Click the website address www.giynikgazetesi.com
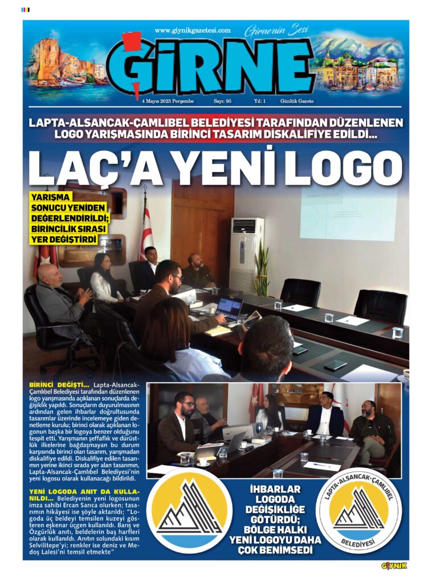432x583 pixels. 192,31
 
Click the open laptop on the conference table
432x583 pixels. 229,309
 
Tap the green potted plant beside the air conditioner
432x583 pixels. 262,268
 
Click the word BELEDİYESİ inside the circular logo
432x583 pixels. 359,544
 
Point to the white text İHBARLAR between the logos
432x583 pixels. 274,488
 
